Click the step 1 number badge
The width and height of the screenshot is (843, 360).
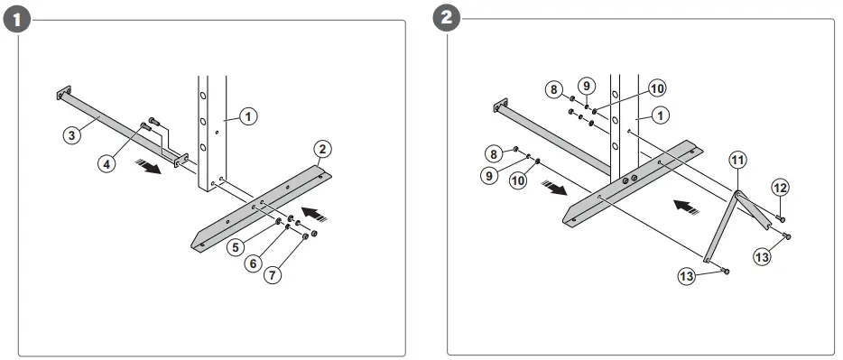coord(17,20)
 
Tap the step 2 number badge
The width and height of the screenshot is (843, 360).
coord(446,18)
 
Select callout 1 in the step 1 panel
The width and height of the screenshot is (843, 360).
coord(248,116)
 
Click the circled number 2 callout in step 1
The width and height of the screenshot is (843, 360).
coord(322,149)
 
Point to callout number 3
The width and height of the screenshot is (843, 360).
coord(72,134)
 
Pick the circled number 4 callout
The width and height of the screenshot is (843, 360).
coord(107,162)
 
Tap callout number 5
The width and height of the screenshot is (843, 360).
coord(236,247)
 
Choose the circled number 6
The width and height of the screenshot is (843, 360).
coord(254,263)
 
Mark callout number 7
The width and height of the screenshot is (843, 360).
coord(273,276)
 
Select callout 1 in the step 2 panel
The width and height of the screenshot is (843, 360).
coord(660,115)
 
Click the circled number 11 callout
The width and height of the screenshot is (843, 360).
coord(738,160)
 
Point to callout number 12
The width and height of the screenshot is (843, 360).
coord(781,188)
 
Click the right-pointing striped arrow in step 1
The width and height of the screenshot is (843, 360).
coord(148,167)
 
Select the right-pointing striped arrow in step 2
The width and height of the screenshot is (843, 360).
coord(554,188)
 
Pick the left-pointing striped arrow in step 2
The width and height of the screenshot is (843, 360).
coord(687,208)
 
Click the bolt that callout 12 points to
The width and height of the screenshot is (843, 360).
coord(780,217)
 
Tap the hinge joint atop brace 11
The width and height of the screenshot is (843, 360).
coord(738,194)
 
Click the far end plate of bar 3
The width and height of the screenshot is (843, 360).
coord(64,92)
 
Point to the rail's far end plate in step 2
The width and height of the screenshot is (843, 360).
coord(501,106)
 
